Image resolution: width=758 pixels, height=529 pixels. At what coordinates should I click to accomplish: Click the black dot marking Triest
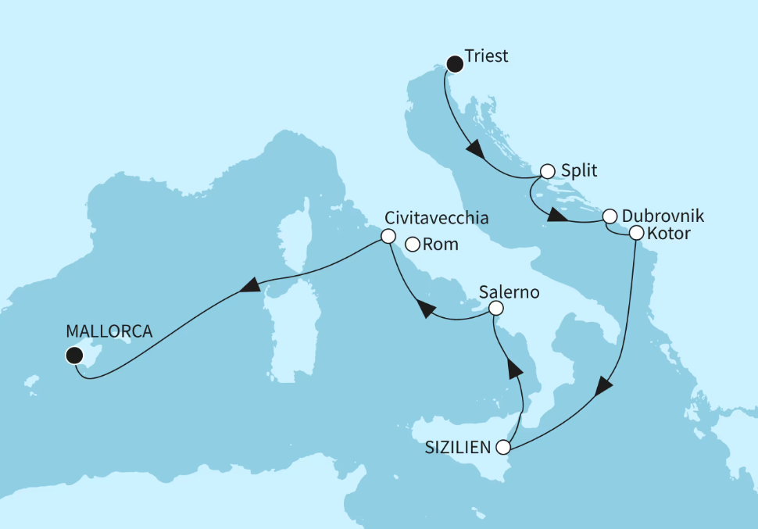(x=453, y=63)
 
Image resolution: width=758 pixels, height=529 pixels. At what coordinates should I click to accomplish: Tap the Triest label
(x=485, y=56)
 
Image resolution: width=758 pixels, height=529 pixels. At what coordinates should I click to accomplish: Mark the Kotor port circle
(x=635, y=233)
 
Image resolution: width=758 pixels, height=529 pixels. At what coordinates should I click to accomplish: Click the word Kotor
(x=670, y=234)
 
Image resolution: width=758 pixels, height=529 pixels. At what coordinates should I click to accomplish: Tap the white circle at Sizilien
(x=504, y=449)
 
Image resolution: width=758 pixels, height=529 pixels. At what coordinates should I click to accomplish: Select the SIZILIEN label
(x=459, y=448)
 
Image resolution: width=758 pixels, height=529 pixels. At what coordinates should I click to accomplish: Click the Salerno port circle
(x=495, y=310)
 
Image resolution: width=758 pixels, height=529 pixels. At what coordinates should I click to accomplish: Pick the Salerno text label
(x=510, y=293)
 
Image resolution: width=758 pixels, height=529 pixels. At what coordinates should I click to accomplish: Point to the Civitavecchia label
(x=437, y=218)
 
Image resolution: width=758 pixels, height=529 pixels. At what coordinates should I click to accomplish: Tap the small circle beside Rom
(x=411, y=245)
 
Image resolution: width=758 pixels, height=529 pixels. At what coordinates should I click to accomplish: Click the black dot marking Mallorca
(x=73, y=356)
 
